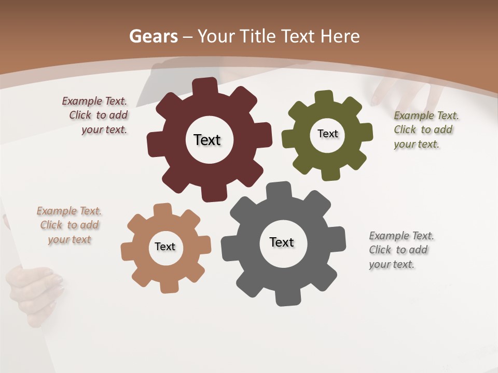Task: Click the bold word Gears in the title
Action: pyautogui.click(x=153, y=36)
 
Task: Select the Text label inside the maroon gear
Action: pyautogui.click(x=207, y=140)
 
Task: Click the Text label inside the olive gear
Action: pyautogui.click(x=327, y=134)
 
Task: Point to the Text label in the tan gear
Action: pyautogui.click(x=165, y=247)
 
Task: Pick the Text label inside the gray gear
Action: pyautogui.click(x=282, y=242)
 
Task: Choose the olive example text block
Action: pyautogui.click(x=425, y=130)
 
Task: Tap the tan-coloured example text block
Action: pyautogui.click(x=69, y=225)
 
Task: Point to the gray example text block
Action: pyautogui.click(x=400, y=250)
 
